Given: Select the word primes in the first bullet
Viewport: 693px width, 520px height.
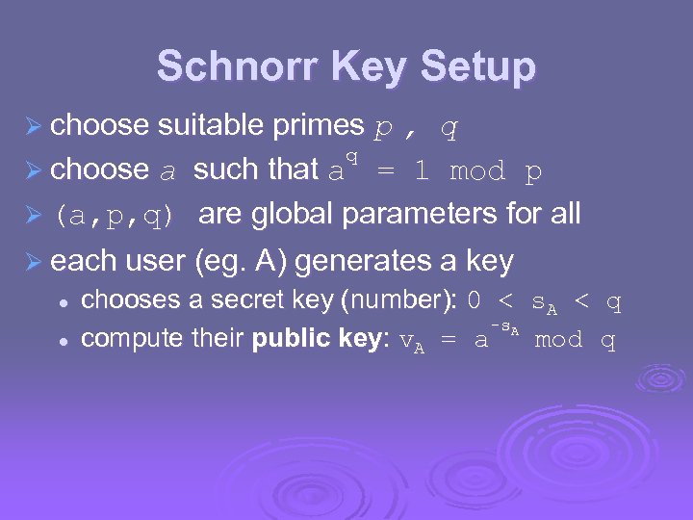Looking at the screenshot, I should [318, 125].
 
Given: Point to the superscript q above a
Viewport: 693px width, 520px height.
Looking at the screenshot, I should [352, 156].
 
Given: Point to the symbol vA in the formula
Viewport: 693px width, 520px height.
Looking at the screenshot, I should [412, 341].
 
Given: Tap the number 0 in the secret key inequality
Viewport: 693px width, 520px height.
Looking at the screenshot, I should [474, 302].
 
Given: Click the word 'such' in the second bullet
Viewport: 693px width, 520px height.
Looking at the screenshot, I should [218, 170].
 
